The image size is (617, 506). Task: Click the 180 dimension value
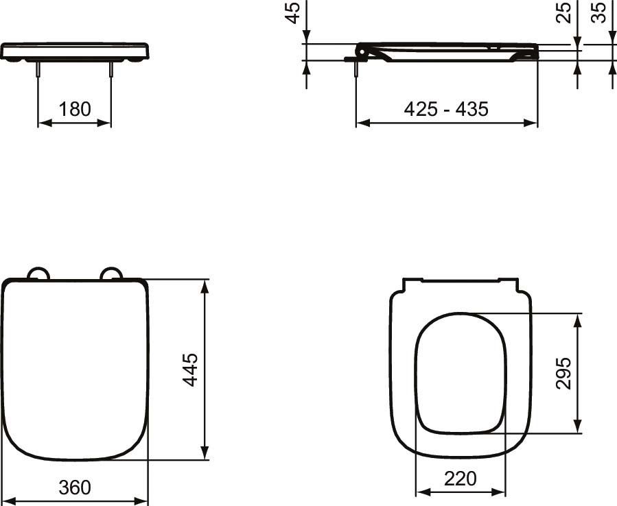pyautogui.click(x=75, y=109)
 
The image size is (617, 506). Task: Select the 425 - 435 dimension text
pyautogui.click(x=446, y=109)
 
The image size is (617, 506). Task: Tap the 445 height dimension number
pyautogui.click(x=190, y=370)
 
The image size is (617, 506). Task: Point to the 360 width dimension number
pyautogui.click(x=74, y=487)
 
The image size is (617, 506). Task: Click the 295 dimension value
pyautogui.click(x=563, y=373)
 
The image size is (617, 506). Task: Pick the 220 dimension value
pyautogui.click(x=461, y=479)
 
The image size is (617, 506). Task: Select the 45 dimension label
pyautogui.click(x=293, y=13)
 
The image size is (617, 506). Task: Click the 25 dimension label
pyautogui.click(x=564, y=12)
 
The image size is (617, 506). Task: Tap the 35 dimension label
pyautogui.click(x=600, y=12)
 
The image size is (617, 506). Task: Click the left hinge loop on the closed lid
pyautogui.click(x=38, y=274)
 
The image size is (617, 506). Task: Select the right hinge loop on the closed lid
pyautogui.click(x=110, y=274)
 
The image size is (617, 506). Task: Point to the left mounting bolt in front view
pyautogui.click(x=38, y=71)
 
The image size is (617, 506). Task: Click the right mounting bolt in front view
pyautogui.click(x=110, y=71)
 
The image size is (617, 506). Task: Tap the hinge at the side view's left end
pyautogui.click(x=362, y=50)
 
